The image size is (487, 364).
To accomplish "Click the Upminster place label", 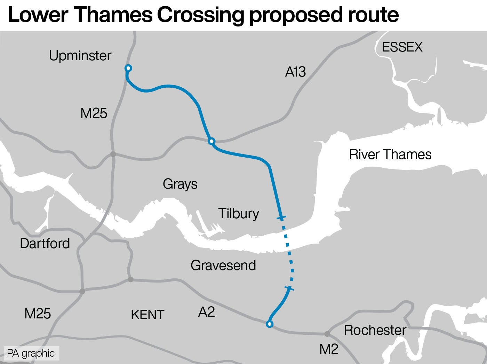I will (80, 56).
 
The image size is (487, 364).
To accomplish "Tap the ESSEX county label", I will (402, 47).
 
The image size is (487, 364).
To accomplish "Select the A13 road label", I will (295, 72).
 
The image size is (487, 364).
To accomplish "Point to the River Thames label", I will (390, 154).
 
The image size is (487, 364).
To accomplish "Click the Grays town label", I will (180, 184).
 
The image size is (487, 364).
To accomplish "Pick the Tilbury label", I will (239, 213).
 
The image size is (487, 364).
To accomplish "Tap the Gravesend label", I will (223, 265).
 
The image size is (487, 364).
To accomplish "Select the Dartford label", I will (45, 243).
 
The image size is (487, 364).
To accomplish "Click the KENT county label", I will (147, 315).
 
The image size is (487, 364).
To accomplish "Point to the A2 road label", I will (206, 312).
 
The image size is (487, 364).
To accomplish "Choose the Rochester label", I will (375, 330).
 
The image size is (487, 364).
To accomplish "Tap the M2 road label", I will (329, 349).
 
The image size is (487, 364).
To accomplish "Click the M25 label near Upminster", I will (94, 113).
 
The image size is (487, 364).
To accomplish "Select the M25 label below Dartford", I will (38, 314).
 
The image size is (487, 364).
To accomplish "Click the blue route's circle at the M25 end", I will (128, 68).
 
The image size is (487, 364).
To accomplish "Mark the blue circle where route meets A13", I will (211, 141).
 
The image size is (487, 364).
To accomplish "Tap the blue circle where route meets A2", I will (269, 324).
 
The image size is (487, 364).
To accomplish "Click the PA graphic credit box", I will (31, 353).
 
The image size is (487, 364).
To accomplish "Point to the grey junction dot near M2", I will (327, 334).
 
